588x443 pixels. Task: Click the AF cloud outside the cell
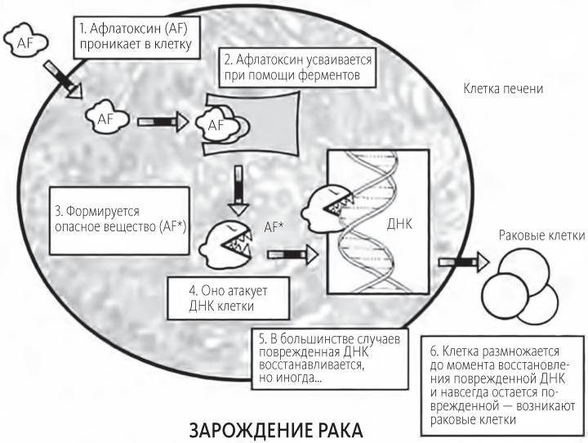pos(24,41)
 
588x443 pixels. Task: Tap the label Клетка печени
pos(502,88)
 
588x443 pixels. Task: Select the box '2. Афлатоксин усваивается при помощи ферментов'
pos(297,69)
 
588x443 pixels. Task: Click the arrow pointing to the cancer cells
pos(462,262)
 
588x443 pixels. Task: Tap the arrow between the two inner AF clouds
pos(160,121)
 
